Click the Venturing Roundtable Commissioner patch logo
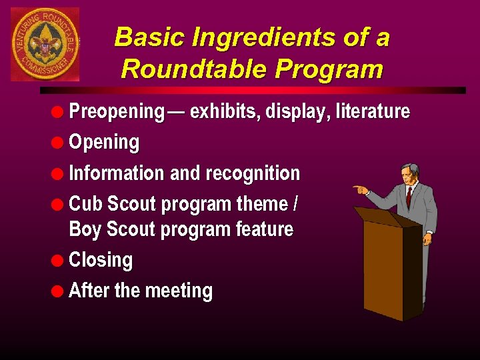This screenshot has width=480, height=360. coord(45,44)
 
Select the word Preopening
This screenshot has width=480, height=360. coord(116,111)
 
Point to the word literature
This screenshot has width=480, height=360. coord(373,111)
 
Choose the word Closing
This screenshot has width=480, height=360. coord(101,260)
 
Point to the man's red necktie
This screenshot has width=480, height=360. coord(409,196)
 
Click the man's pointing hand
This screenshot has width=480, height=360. coord(360,189)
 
